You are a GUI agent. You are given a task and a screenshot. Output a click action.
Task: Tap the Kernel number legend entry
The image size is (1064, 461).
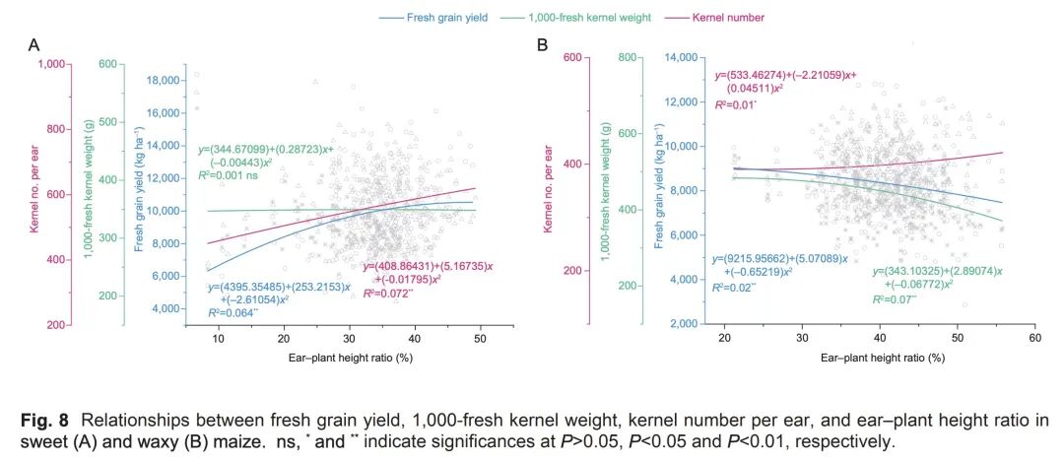coord(728,17)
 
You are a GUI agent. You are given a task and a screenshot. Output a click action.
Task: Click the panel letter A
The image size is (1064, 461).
coord(33,45)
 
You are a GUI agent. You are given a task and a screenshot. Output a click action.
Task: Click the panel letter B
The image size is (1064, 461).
coord(541,45)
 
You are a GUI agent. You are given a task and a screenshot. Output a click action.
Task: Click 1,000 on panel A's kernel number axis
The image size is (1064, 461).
coord(50,64)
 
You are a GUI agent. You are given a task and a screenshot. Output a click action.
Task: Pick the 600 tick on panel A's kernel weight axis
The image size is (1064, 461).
coord(106,64)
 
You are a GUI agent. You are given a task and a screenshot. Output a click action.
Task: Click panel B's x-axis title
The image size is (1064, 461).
coord(883,357)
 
